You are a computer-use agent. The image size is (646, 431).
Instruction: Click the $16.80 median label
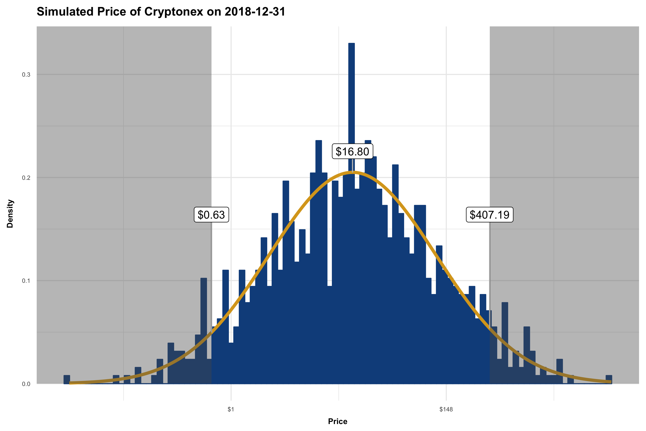point(352,152)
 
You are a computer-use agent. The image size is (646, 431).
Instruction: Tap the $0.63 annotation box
point(211,215)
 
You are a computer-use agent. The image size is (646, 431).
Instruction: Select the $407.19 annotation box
point(490,215)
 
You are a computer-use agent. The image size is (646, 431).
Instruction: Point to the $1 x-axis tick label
point(231,409)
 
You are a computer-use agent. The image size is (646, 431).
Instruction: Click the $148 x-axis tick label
point(446,409)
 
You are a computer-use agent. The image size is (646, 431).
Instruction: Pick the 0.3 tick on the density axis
point(26,75)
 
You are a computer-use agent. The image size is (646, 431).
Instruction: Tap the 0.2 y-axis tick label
point(26,178)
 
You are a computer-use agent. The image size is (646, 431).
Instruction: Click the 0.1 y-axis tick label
point(26,281)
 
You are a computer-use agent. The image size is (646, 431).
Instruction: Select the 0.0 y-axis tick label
point(26,384)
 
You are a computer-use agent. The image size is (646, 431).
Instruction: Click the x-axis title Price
point(338,421)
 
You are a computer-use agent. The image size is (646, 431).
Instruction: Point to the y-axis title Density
point(10,214)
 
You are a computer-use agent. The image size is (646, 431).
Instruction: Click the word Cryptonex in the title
point(174,12)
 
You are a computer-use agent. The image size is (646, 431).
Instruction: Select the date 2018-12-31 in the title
point(255,12)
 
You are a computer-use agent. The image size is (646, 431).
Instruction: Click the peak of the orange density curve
point(353,172)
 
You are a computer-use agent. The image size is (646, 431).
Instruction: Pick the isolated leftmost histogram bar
point(67,379)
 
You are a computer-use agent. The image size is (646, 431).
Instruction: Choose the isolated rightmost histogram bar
point(609,379)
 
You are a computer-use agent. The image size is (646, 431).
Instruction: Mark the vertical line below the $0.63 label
point(211,275)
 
